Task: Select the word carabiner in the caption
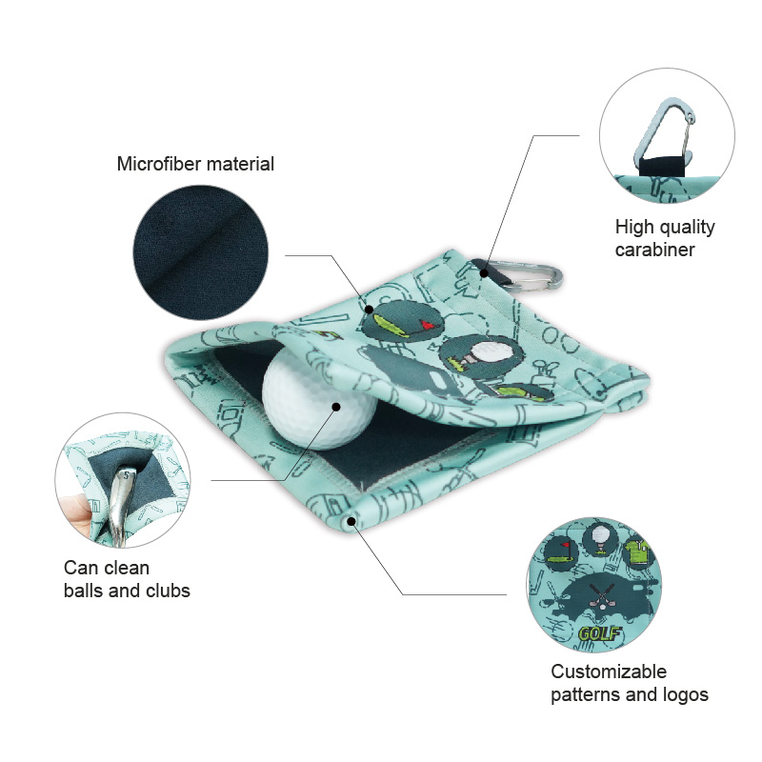click(x=654, y=250)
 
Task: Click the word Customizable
click(x=609, y=672)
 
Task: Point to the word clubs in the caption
click(x=168, y=591)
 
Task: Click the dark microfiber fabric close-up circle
click(x=201, y=252)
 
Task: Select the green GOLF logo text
click(x=599, y=634)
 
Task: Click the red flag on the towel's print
click(x=428, y=325)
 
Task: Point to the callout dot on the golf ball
click(x=336, y=407)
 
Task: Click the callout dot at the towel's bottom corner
click(x=351, y=521)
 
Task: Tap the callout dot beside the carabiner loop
click(x=484, y=273)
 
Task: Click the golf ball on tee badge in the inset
click(x=602, y=538)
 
